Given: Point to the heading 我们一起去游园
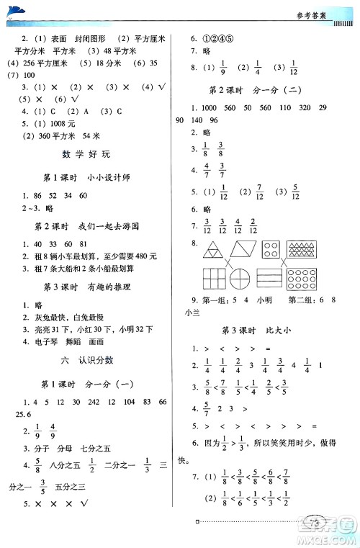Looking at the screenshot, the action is pyautogui.click(x=119, y=226).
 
